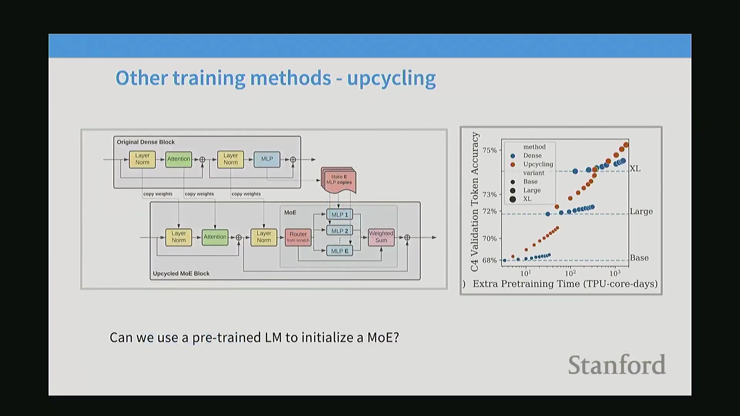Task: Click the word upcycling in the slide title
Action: click(x=391, y=79)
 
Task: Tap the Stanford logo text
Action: click(x=617, y=365)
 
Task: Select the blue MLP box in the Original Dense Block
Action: click(x=267, y=159)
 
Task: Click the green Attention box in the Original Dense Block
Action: click(x=178, y=159)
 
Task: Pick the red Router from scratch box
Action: click(x=298, y=237)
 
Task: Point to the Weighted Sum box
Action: click(x=381, y=237)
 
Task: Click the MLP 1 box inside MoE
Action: click(x=340, y=215)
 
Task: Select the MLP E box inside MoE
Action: click(x=340, y=251)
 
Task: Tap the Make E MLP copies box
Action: click(x=339, y=180)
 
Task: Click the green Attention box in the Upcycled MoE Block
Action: click(x=215, y=237)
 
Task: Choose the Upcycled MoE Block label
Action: click(x=181, y=273)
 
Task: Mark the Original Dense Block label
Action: click(x=146, y=142)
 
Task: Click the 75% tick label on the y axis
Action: click(x=489, y=150)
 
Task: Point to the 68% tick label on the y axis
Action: click(x=489, y=260)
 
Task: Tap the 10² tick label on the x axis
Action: click(x=570, y=273)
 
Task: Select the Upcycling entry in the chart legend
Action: click(x=538, y=164)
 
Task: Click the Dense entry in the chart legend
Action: click(x=532, y=156)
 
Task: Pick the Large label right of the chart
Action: click(x=641, y=212)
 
